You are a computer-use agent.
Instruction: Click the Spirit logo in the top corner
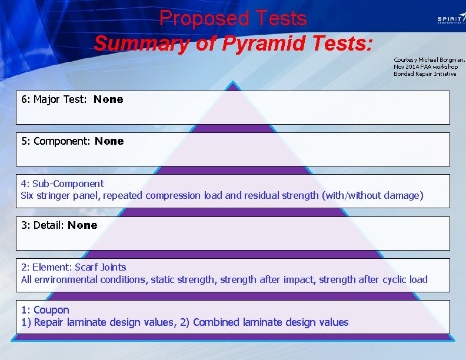[x=450, y=19]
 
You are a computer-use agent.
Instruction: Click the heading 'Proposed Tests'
[x=233, y=18]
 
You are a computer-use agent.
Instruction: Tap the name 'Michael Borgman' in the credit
[x=439, y=60]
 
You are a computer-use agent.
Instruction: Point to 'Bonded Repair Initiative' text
[x=425, y=74]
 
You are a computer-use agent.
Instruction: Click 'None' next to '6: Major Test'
[x=108, y=99]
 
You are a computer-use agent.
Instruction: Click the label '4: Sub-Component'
[x=62, y=184]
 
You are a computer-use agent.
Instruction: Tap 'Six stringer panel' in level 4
[x=60, y=195]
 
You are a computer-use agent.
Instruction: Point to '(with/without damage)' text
[x=372, y=195]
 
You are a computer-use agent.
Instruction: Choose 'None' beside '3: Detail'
[x=82, y=225]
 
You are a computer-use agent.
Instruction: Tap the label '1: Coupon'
[x=45, y=310]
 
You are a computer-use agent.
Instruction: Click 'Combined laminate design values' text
[x=271, y=322]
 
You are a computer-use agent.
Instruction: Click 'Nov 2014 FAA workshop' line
[x=425, y=67]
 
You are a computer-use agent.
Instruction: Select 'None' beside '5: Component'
[x=109, y=141]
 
